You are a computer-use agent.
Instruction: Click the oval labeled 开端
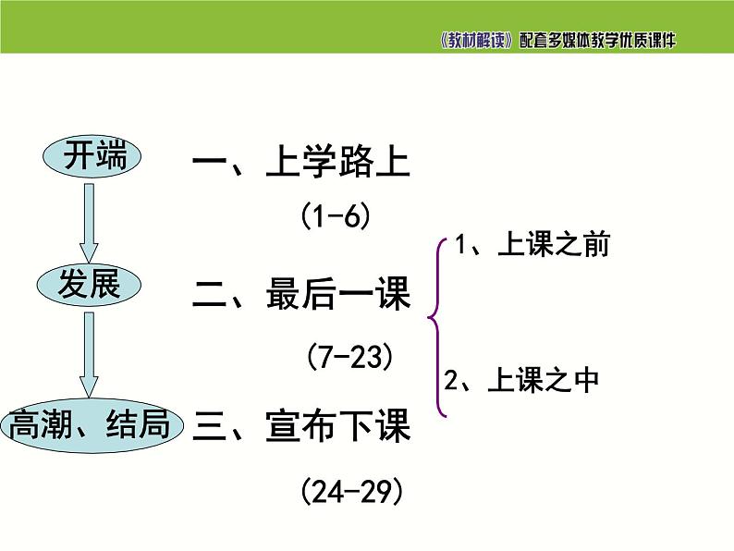tap(92, 158)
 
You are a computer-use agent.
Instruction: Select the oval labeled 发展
tap(90, 286)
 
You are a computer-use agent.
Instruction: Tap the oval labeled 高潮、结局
tap(90, 426)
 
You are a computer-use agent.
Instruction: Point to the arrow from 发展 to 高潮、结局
tap(89, 352)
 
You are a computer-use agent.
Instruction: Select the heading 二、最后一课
tap(300, 295)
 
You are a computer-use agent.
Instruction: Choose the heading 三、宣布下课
tap(300, 426)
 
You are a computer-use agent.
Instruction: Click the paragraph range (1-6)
tap(336, 217)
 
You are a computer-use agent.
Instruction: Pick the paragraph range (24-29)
tap(352, 490)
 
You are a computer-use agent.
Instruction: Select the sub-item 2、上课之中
tap(521, 380)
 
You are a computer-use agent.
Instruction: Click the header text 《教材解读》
tap(476, 42)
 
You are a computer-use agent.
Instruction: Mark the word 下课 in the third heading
tap(373, 426)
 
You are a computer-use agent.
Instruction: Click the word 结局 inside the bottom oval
tap(140, 426)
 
